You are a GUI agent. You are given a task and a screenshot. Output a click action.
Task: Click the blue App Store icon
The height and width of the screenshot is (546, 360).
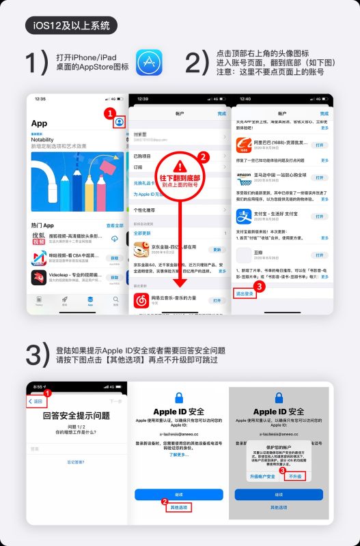pos(148,62)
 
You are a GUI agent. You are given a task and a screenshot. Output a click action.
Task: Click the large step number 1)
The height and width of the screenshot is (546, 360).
pos(36,63)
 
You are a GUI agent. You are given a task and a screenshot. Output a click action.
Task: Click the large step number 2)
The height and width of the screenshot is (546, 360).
pos(197,63)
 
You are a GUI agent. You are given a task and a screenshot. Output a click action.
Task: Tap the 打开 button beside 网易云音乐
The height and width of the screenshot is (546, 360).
pos(217,300)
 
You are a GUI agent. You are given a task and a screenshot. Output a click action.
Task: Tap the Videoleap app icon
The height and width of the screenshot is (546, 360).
pos(39,278)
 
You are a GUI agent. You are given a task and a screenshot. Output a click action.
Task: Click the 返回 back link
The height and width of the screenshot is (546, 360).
pos(38,402)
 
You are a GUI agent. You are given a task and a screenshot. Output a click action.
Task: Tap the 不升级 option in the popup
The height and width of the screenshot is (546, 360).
pos(296,476)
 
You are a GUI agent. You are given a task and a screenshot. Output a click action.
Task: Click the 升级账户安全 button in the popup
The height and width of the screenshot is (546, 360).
pos(262,476)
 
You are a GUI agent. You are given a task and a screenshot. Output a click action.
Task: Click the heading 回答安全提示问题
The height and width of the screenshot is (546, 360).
pos(77,416)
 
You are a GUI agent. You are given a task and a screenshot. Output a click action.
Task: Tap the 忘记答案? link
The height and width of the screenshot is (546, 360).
pos(77,462)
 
